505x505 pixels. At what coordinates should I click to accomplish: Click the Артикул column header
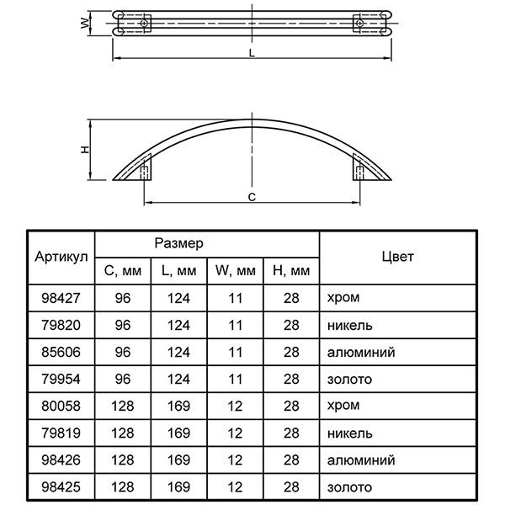pyautogui.click(x=61, y=257)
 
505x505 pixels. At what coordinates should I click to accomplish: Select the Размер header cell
pyautogui.click(x=178, y=243)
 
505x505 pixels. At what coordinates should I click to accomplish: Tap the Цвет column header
pyautogui.click(x=398, y=257)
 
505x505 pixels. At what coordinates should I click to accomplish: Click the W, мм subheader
pyautogui.click(x=235, y=270)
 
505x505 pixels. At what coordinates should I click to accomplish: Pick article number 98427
pyautogui.click(x=61, y=298)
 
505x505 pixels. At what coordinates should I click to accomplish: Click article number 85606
pyautogui.click(x=61, y=352)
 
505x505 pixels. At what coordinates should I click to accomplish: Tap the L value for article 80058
pyautogui.click(x=178, y=407)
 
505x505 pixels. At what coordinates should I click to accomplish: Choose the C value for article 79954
pyautogui.click(x=123, y=379)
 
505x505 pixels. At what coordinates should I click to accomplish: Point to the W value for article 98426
pyautogui.click(x=235, y=460)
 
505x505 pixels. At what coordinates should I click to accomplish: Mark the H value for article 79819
pyautogui.click(x=291, y=433)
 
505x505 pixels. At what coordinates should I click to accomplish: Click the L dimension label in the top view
pyautogui.click(x=252, y=53)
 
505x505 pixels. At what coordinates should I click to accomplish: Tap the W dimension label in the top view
pyautogui.click(x=85, y=24)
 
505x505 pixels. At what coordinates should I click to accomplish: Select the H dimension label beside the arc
pyautogui.click(x=85, y=150)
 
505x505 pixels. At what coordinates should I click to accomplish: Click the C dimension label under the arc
pyautogui.click(x=252, y=197)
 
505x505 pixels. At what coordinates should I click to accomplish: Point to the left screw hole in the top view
pyautogui.click(x=144, y=24)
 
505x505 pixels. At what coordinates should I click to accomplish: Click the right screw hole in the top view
pyautogui.click(x=359, y=24)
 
